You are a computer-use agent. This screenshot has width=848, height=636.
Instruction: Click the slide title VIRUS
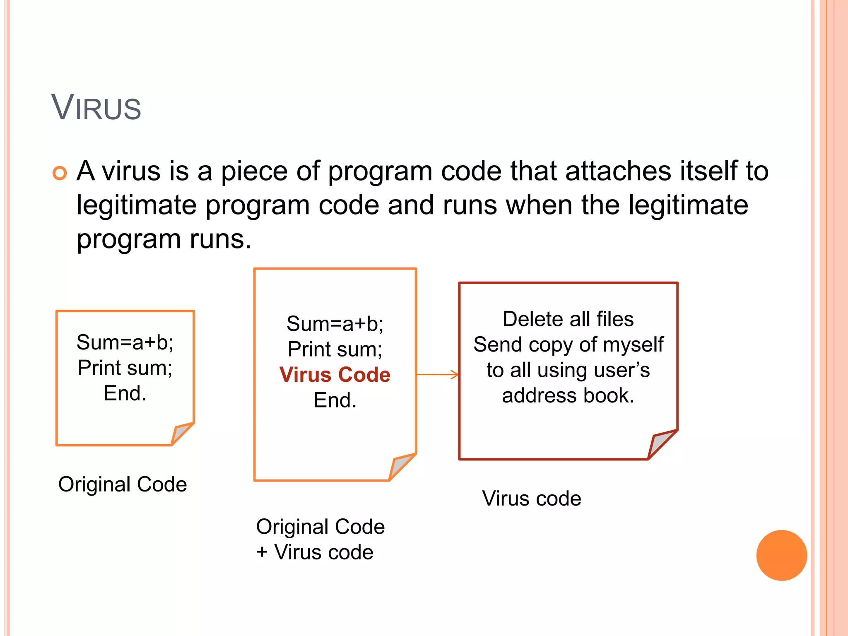[96, 108]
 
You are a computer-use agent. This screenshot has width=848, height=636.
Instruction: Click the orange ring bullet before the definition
[60, 173]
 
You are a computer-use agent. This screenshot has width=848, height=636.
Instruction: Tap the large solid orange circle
[781, 555]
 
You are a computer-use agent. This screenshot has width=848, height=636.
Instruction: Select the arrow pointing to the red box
[438, 374]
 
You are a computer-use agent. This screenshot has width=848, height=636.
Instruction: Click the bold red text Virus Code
[335, 375]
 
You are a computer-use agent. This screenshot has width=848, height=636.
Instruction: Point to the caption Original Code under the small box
[123, 484]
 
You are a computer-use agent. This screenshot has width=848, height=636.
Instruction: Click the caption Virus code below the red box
[532, 499]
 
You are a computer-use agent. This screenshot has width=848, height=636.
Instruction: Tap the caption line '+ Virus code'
[315, 552]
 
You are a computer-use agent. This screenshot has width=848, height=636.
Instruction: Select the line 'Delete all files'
[568, 319]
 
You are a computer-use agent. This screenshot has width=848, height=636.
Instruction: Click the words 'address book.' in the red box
[568, 396]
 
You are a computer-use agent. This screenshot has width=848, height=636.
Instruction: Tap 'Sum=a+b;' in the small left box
[125, 342]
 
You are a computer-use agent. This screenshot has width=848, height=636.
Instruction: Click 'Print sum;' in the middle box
[335, 349]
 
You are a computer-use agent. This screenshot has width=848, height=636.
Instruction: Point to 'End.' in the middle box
[335, 400]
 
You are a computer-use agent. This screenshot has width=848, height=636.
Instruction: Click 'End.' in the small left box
[125, 393]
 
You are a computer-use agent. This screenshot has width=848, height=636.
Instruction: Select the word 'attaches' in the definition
[618, 171]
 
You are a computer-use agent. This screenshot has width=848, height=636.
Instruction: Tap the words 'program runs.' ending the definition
[164, 239]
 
